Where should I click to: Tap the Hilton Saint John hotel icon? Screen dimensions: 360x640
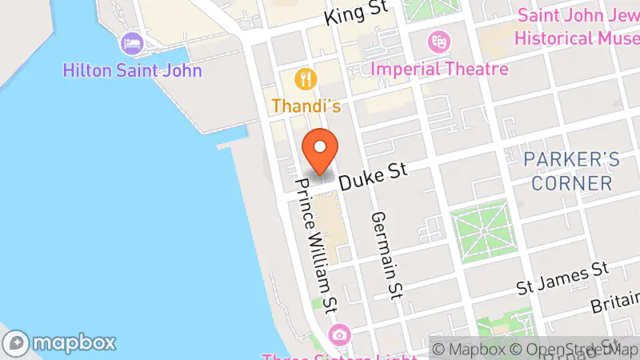[x=130, y=42]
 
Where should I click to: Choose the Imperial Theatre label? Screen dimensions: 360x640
[x=440, y=69]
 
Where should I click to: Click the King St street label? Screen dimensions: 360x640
[x=358, y=13]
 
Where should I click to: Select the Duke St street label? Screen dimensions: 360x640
[x=373, y=175]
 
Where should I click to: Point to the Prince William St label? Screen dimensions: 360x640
[x=316, y=245]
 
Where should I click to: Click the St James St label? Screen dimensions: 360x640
[x=563, y=274]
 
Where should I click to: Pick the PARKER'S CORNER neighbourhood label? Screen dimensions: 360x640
[x=572, y=170]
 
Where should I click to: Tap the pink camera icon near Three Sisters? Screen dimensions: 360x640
[x=340, y=334]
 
